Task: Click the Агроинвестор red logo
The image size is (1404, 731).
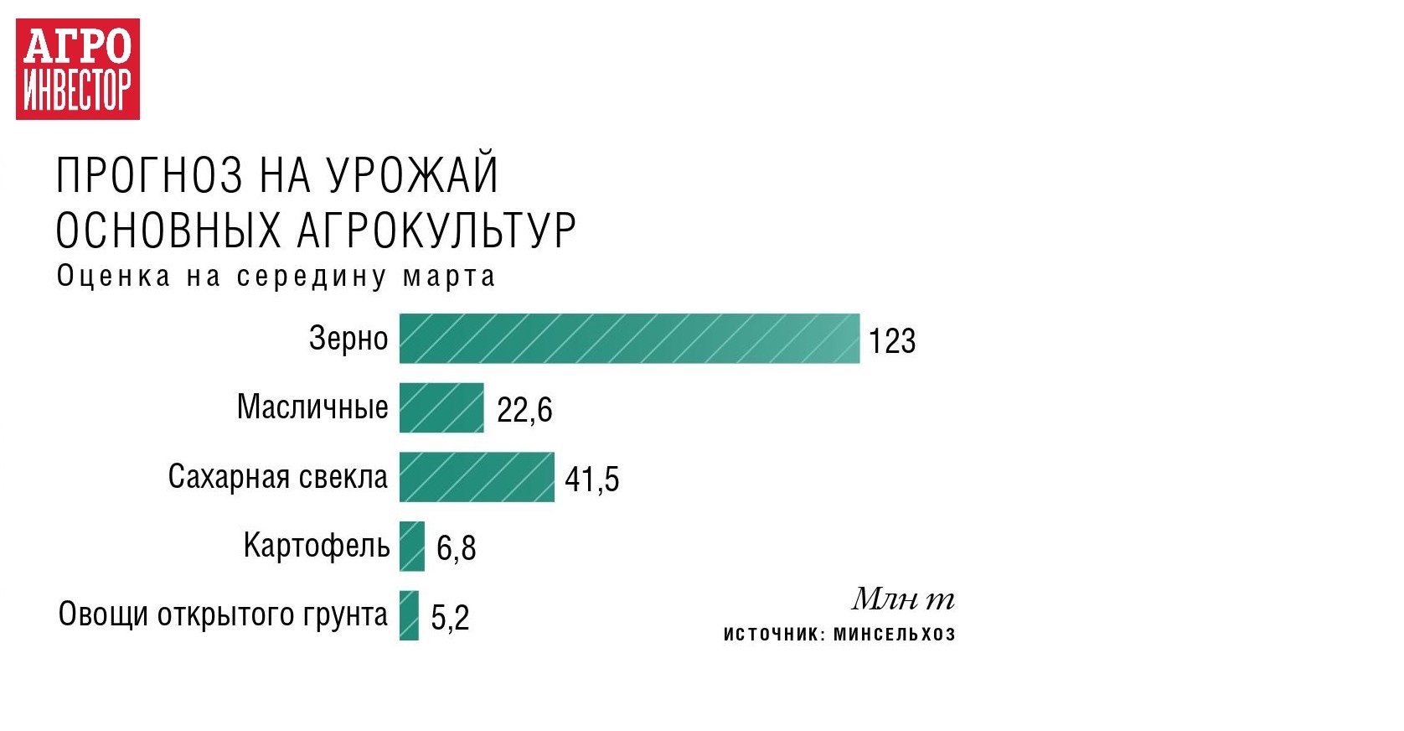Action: (78, 69)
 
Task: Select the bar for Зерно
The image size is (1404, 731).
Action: (628, 339)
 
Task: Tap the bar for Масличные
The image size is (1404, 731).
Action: (441, 408)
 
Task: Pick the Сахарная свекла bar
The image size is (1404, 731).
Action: (477, 477)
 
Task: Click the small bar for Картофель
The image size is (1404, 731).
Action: (411, 547)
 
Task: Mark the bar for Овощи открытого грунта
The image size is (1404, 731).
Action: (409, 615)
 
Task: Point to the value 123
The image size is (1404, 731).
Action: (892, 341)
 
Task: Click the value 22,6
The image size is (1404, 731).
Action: (524, 410)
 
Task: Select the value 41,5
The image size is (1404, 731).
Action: (591, 480)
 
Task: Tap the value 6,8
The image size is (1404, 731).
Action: (456, 548)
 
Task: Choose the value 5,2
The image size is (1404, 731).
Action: (450, 618)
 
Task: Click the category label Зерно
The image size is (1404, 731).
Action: (348, 339)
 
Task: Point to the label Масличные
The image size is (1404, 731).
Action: (312, 407)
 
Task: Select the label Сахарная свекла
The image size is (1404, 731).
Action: (278, 477)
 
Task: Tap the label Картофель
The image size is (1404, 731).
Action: (317, 546)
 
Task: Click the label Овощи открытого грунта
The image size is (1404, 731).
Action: (223, 615)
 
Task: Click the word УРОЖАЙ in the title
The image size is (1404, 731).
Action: (412, 175)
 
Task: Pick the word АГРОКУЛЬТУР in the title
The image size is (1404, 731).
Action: (436, 230)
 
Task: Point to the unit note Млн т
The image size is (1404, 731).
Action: (903, 599)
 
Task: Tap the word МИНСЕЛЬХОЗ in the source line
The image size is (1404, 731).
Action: (895, 635)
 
